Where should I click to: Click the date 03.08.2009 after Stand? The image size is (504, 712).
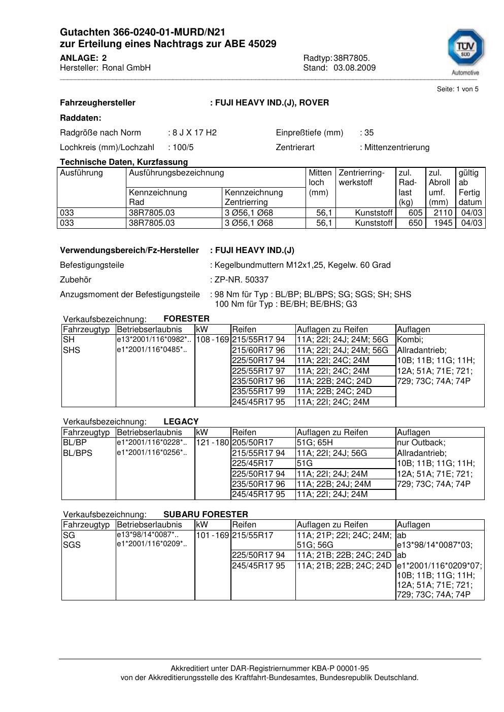pos(354,67)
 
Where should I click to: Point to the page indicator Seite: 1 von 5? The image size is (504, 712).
pos(457,89)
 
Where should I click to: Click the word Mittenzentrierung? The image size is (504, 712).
pos(396,148)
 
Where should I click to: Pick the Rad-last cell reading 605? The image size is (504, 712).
pos(415,213)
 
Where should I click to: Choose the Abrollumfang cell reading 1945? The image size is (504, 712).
pos(443,223)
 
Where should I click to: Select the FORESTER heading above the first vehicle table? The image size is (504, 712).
pos(186,319)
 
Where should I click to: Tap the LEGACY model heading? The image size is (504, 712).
pos(181,421)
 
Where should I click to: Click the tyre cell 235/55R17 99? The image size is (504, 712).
pos(258,391)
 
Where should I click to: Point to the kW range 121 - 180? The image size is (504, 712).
pos(212,443)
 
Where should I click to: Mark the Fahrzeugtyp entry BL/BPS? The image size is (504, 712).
pos(78,453)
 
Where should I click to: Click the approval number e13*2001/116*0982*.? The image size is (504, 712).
pos(154,339)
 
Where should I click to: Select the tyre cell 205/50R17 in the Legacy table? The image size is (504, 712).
pos(252,443)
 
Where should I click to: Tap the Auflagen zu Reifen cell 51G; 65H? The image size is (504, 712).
pos(315,443)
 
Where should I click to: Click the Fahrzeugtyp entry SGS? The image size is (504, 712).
pos(72,545)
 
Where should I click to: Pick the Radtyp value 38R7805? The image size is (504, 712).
pos(352,58)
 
